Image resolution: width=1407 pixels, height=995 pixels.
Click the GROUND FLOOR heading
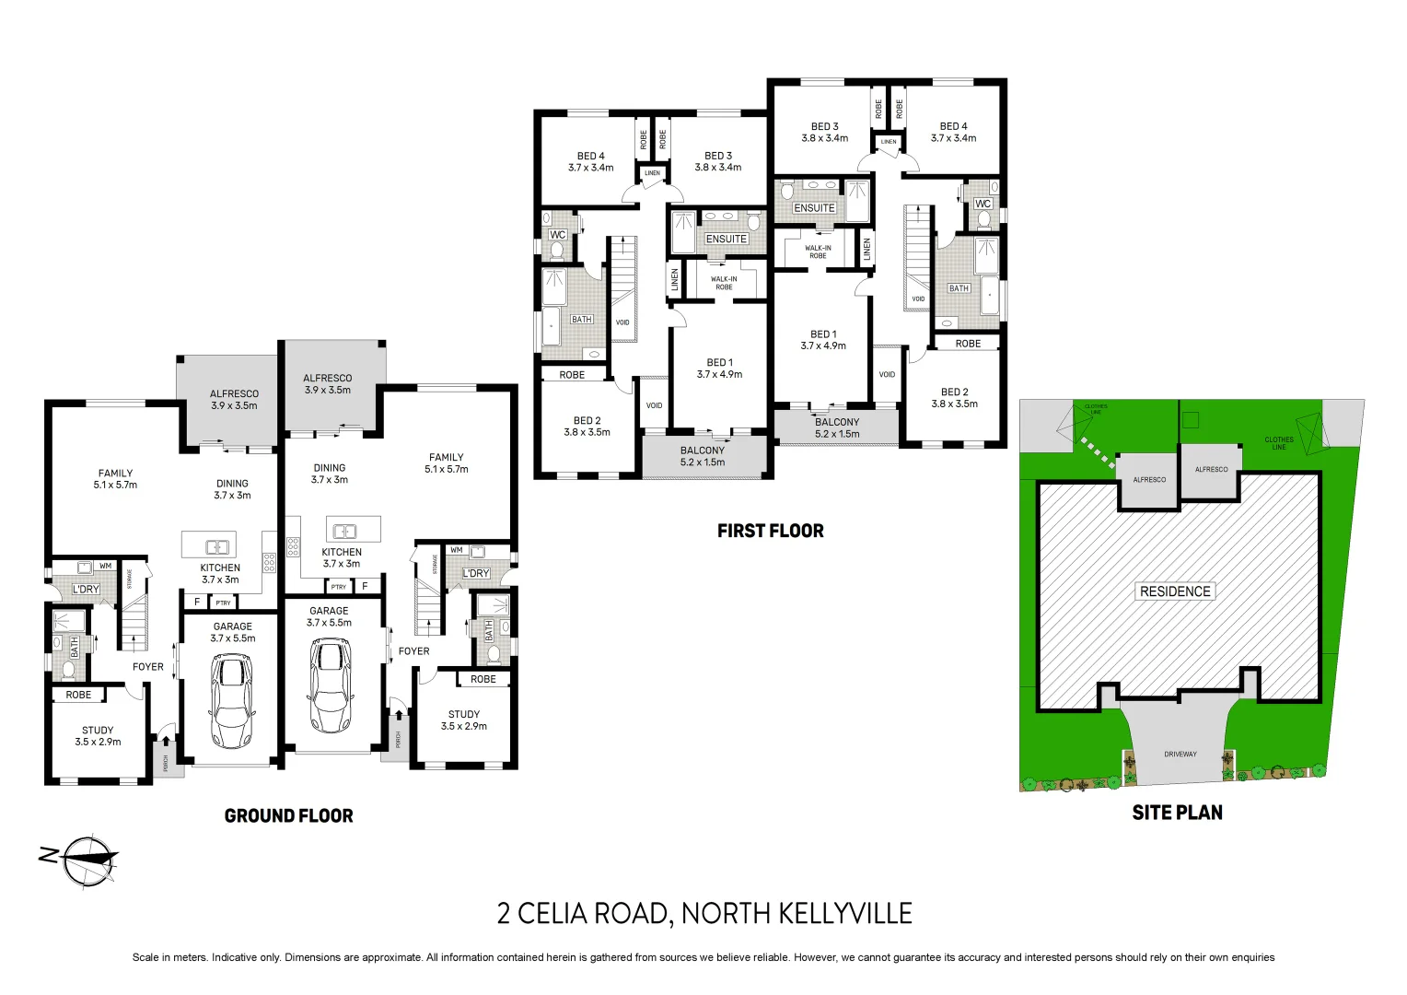[x=288, y=815]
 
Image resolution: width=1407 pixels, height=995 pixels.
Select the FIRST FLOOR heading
[x=770, y=531]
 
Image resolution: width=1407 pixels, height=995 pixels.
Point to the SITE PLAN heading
[x=1177, y=813]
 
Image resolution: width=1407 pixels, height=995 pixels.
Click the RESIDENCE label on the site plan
[x=1175, y=591]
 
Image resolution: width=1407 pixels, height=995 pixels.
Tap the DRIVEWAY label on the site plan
[x=1180, y=755]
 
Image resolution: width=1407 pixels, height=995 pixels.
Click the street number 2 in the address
[x=504, y=913]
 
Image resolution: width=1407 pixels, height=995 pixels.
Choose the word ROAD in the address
[x=630, y=913]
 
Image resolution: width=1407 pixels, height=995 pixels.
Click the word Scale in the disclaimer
[x=145, y=957]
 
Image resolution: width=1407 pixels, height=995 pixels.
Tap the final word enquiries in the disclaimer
[x=1250, y=957]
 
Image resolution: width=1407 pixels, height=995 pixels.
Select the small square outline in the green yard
[x=1190, y=420]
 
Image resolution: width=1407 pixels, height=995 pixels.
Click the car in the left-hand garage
[x=231, y=702]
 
